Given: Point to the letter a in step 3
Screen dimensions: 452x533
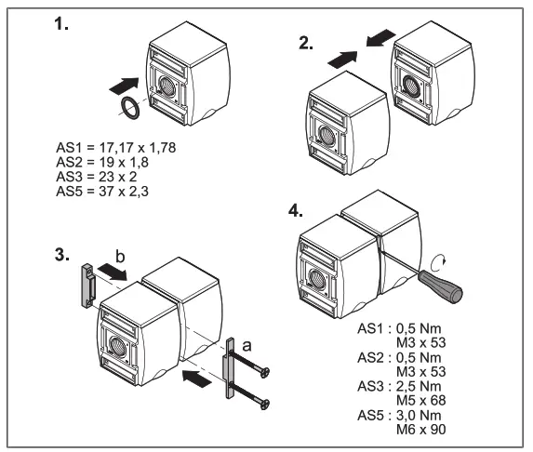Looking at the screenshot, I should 245,344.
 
